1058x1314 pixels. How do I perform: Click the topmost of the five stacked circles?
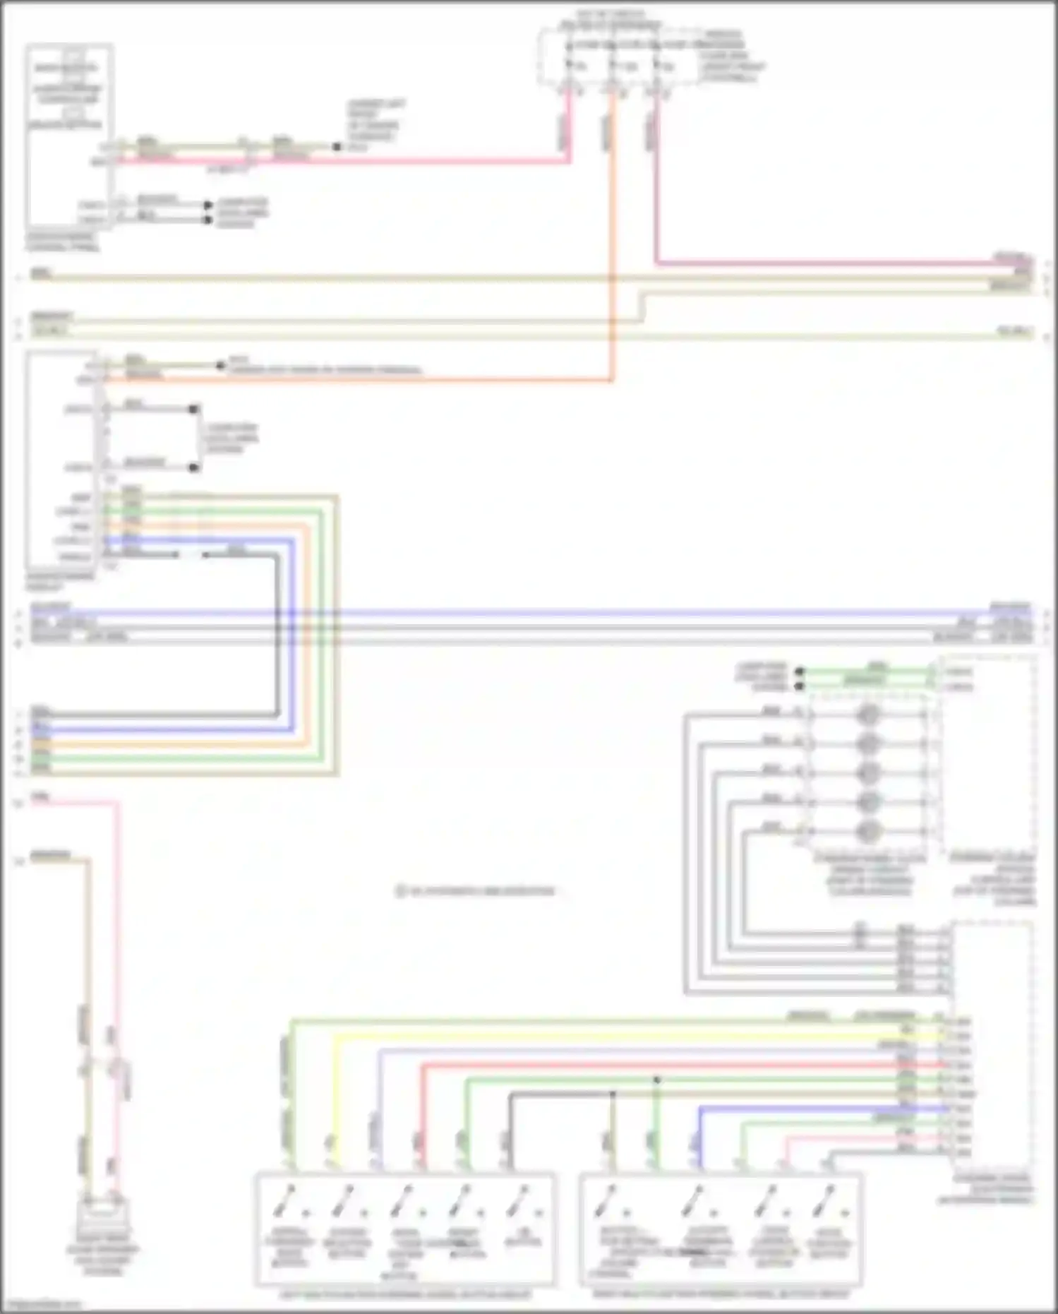pos(867,715)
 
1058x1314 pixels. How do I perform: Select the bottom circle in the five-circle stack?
pos(867,831)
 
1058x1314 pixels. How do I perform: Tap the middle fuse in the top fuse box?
pos(613,66)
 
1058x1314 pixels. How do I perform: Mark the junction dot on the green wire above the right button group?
pos(656,1080)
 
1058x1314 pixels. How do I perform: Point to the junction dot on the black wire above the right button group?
pos(613,1094)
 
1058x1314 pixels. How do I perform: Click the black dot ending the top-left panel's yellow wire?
pos(337,147)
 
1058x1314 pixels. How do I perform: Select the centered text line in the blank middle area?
pos(476,891)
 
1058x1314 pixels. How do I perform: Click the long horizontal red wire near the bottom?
pos(678,1065)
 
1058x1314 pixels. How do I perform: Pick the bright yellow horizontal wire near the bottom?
pos(635,1037)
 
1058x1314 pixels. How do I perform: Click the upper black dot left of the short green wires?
pos(799,671)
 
